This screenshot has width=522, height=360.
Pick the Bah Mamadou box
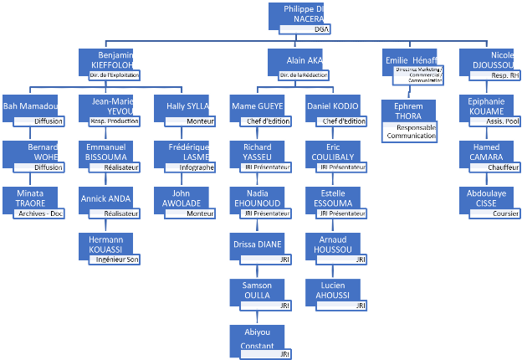[31, 106]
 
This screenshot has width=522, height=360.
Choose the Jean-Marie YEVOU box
[109, 106]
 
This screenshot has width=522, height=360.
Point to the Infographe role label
[197, 167]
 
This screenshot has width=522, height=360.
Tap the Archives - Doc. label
[39, 213]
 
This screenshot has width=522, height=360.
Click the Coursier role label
[503, 213]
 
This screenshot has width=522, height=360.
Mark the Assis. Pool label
[501, 121]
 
